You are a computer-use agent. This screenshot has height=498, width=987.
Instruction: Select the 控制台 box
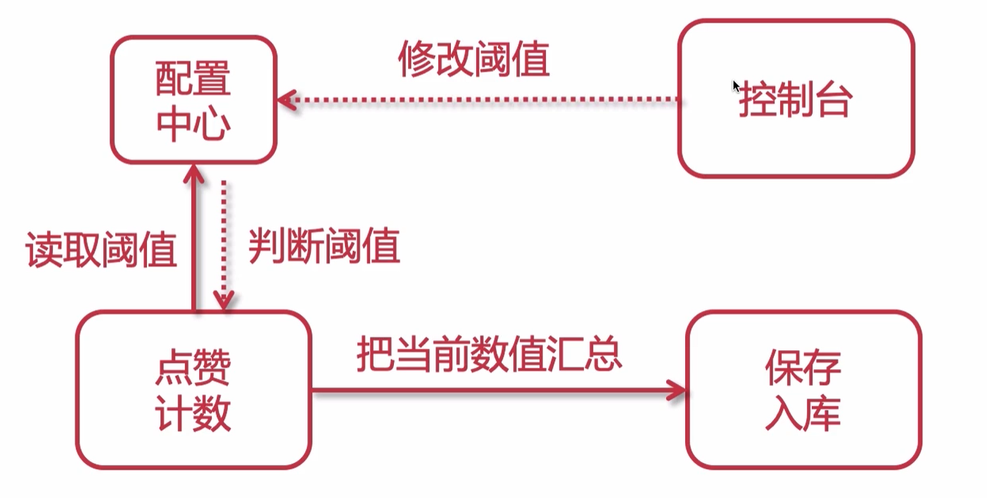[796, 98]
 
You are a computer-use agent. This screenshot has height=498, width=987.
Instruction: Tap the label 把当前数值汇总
[490, 353]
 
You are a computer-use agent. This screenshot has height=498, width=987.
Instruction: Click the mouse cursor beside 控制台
[736, 86]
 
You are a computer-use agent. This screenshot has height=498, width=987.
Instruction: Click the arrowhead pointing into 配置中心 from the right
[285, 100]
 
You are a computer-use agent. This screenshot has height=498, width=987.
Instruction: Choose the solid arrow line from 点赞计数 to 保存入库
[492, 390]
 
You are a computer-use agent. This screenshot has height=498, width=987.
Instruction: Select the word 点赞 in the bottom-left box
[193, 368]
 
